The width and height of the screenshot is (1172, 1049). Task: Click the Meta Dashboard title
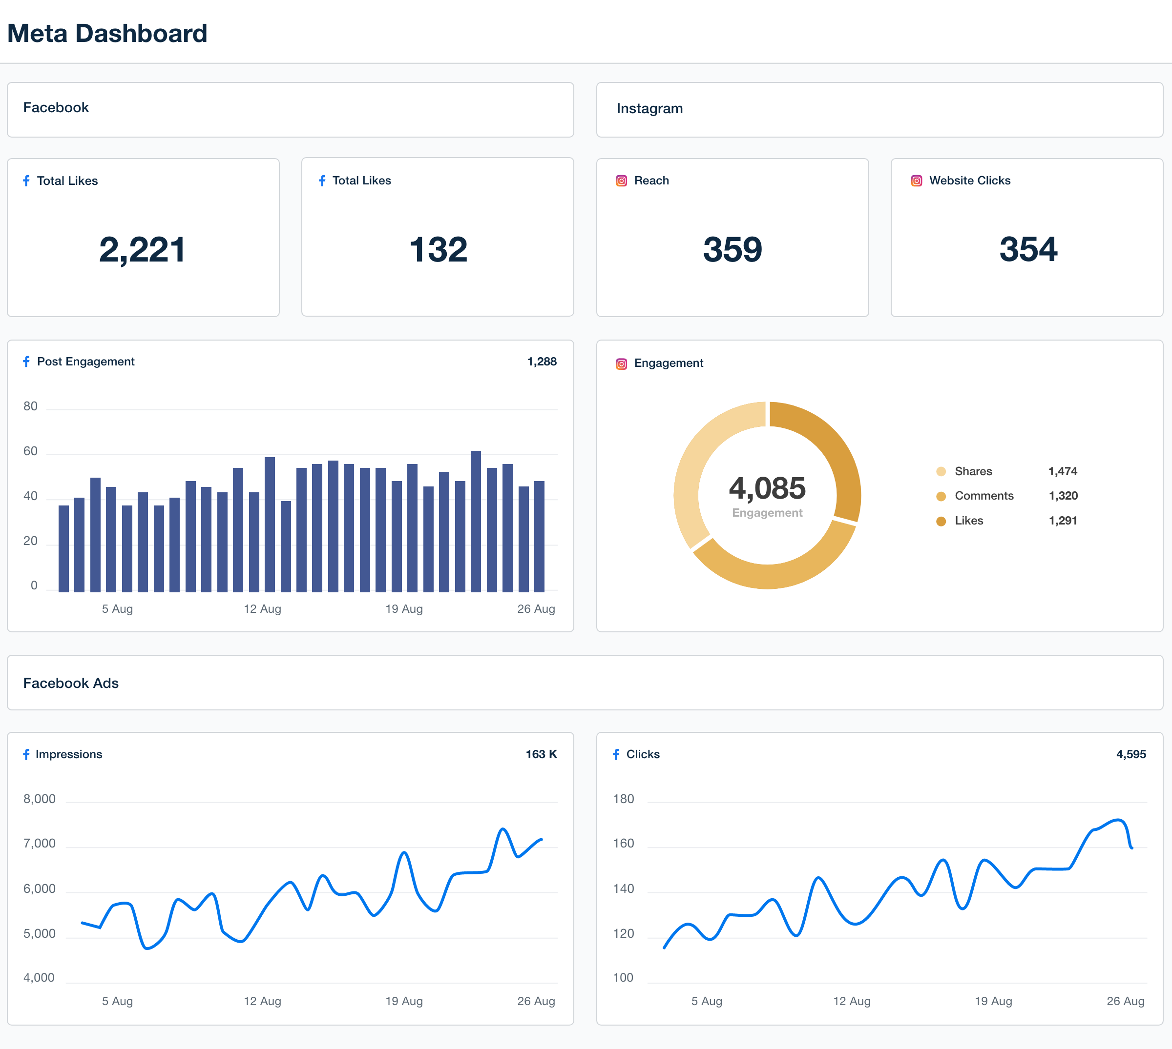pos(107,34)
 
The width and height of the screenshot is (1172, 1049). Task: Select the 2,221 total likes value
pos(142,250)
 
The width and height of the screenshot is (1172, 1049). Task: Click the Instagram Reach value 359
pos(732,250)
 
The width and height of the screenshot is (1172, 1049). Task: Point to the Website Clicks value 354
pos(1028,250)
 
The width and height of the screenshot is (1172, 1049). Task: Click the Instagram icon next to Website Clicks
pos(916,181)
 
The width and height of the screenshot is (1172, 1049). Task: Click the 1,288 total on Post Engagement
pos(542,362)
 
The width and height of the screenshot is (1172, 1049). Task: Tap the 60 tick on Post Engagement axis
pos(31,451)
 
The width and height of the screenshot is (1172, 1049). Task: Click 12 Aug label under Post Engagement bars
pos(262,608)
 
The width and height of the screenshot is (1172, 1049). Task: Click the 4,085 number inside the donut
pos(767,488)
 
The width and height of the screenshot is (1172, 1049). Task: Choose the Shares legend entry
pos(973,471)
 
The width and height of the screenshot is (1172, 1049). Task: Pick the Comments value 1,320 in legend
pos(1063,496)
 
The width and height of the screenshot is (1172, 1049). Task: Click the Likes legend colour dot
pos(941,521)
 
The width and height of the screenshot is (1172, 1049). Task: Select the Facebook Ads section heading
pos(71,683)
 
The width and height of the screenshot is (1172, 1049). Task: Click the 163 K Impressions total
pos(541,754)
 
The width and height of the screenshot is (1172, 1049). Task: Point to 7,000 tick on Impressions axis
pos(39,843)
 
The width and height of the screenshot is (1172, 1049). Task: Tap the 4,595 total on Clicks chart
pos(1130,754)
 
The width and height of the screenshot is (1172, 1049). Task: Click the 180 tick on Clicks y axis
pos(623,799)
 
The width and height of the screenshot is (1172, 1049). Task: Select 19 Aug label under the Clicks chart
pos(993,1001)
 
